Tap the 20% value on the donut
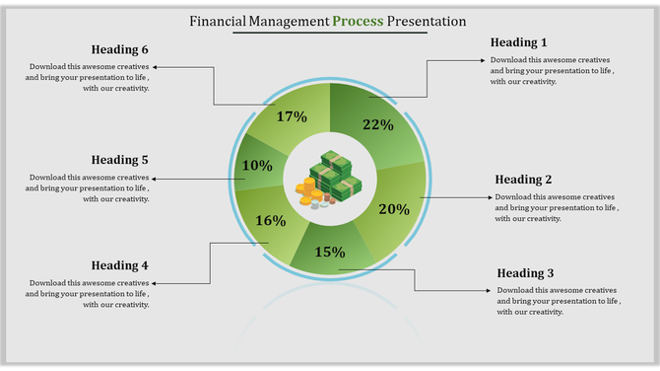click(393, 209)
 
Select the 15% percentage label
click(330, 252)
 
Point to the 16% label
click(270, 221)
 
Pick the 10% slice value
click(257, 166)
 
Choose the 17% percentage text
click(293, 116)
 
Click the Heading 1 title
click(518, 42)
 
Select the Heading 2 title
click(523, 180)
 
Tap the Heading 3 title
click(525, 273)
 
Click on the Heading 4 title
click(119, 265)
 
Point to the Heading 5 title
click(119, 160)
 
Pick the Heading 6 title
click(119, 50)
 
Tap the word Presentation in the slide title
click(427, 20)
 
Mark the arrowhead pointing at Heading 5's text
click(156, 179)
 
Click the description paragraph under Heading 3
click(557, 301)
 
